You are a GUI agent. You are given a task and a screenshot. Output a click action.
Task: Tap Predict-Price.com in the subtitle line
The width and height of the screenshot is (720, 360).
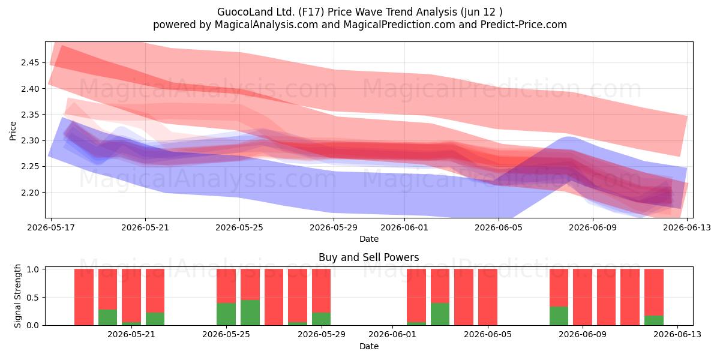pyautogui.click(x=524, y=25)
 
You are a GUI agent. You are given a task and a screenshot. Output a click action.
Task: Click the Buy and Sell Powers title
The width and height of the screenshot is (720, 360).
pyautogui.click(x=368, y=257)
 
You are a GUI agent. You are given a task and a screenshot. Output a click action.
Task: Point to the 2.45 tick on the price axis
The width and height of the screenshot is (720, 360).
pyautogui.click(x=30, y=62)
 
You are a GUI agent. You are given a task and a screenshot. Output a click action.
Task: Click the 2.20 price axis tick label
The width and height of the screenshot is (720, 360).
pyautogui.click(x=30, y=193)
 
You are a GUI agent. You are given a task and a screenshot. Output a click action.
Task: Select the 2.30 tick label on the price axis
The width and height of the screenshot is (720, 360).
pyautogui.click(x=30, y=140)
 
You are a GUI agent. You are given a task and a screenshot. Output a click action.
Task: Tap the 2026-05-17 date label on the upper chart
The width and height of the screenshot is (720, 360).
pyautogui.click(x=51, y=227)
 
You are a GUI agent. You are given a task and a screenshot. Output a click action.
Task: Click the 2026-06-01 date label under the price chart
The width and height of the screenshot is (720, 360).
pyautogui.click(x=404, y=227)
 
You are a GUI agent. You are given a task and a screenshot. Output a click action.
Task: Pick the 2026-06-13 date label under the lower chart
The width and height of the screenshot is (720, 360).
pyautogui.click(x=677, y=335)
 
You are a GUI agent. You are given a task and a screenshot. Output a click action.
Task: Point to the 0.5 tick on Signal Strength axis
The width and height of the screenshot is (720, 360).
pyautogui.click(x=33, y=298)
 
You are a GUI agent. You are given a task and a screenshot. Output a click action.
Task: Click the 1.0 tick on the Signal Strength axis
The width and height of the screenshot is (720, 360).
pyautogui.click(x=33, y=269)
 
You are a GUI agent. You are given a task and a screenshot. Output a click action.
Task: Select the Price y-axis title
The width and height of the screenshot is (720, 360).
pyautogui.click(x=13, y=131)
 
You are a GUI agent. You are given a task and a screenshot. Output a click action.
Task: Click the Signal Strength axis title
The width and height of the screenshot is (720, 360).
pyautogui.click(x=17, y=296)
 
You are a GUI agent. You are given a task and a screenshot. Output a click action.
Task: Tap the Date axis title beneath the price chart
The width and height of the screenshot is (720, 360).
pyautogui.click(x=368, y=239)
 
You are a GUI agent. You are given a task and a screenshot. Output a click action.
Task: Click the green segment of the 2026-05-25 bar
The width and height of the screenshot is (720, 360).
pyautogui.click(x=226, y=314)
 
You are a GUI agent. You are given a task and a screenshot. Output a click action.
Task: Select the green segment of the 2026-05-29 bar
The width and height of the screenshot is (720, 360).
pyautogui.click(x=321, y=319)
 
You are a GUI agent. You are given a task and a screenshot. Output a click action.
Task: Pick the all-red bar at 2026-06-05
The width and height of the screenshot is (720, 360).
pyautogui.click(x=488, y=297)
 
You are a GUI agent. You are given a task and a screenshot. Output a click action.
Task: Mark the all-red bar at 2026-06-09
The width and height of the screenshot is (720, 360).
pyautogui.click(x=583, y=297)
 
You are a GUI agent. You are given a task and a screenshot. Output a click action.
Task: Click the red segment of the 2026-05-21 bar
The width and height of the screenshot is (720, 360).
pyautogui.click(x=131, y=295)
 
